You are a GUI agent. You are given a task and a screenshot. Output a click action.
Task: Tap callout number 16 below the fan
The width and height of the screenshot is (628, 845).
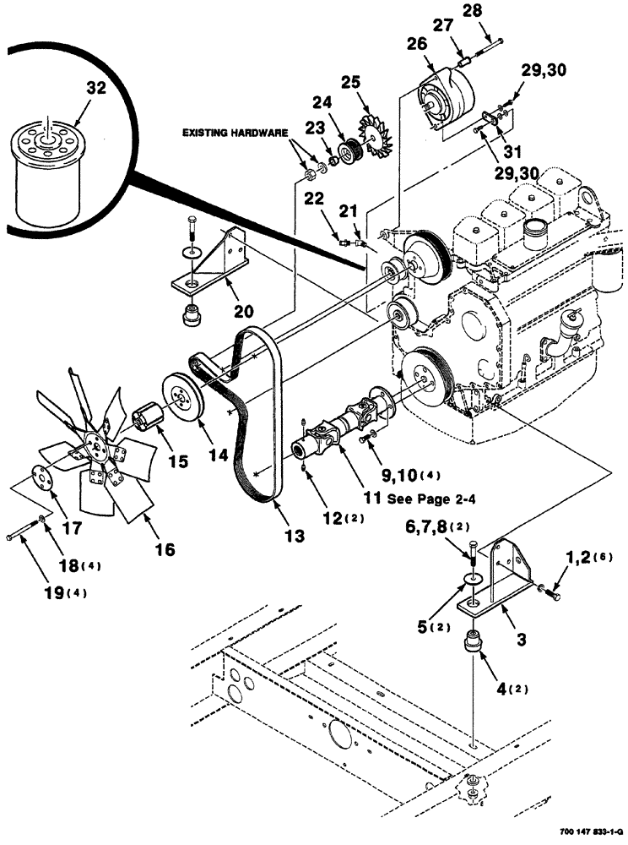coord(165,550)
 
